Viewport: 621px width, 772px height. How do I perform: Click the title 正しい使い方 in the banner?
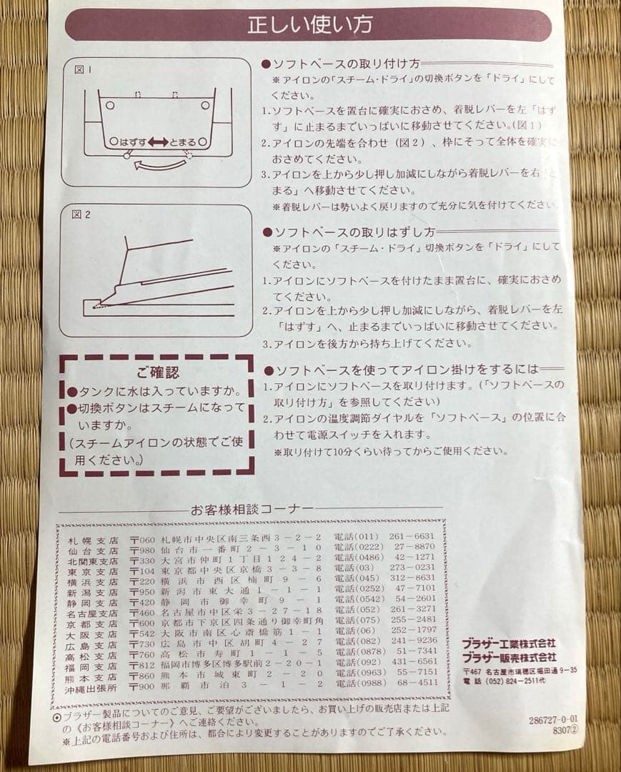click(x=309, y=25)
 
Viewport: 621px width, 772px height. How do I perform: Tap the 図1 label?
click(x=83, y=69)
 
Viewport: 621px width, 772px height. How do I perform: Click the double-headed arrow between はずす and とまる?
click(x=158, y=142)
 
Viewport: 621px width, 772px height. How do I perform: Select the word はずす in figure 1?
click(x=134, y=142)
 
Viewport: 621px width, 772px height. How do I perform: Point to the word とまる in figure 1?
click(x=183, y=142)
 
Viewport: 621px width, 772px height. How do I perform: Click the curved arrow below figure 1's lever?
click(x=160, y=165)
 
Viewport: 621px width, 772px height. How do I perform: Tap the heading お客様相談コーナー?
click(x=252, y=509)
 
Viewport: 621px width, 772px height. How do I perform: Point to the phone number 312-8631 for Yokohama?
click(x=412, y=578)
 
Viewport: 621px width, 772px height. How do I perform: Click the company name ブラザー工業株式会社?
click(x=508, y=644)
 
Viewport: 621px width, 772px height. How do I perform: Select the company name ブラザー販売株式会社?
click(x=508, y=656)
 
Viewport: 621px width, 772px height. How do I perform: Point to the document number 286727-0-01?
click(x=554, y=721)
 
